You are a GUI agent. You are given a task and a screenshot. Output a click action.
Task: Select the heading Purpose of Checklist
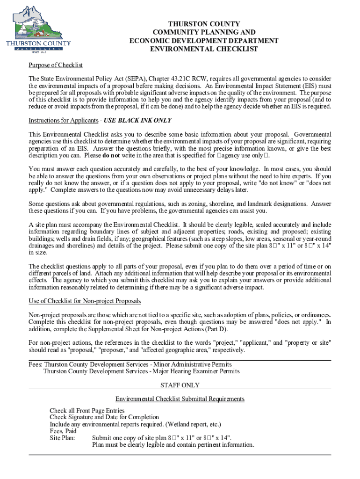click(x=56, y=65)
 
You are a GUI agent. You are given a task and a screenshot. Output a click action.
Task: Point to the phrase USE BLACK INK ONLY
click(x=137, y=120)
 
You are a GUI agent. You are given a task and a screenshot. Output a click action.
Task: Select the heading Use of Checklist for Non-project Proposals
click(x=85, y=301)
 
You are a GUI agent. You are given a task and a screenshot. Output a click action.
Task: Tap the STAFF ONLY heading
click(x=180, y=385)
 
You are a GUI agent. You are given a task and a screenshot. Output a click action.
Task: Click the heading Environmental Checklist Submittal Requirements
click(x=180, y=399)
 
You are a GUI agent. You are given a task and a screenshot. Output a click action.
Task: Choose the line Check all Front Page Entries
click(x=87, y=411)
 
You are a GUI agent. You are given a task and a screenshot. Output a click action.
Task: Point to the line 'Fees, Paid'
click(x=63, y=431)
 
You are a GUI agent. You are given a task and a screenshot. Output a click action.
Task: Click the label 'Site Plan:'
click(x=63, y=438)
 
